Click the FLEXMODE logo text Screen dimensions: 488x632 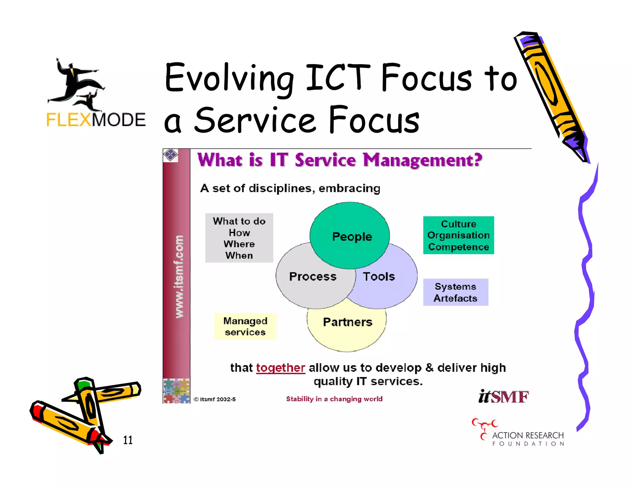[x=96, y=120]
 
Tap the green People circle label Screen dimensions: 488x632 [x=352, y=237]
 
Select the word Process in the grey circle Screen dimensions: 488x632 [x=313, y=276]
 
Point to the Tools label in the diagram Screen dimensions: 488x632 [x=379, y=276]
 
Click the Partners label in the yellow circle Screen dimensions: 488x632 [x=347, y=322]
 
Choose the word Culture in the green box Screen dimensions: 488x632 [x=459, y=224]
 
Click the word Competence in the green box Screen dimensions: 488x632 [x=459, y=247]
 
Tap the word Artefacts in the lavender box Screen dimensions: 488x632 [x=455, y=298]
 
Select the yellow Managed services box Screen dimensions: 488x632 [x=245, y=326]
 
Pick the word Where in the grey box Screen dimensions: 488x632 [x=239, y=244]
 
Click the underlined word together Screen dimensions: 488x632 [x=281, y=368]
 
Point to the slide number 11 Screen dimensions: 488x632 [x=128, y=440]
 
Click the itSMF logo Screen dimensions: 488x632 [x=503, y=397]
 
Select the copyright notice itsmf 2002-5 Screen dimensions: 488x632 [x=215, y=399]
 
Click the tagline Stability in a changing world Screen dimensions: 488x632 [x=334, y=399]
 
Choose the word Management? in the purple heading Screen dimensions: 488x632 [x=422, y=160]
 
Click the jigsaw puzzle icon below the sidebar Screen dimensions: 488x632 [x=177, y=391]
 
